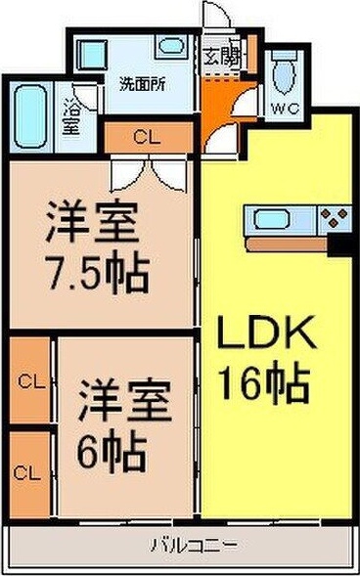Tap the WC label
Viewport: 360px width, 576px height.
click(285, 109)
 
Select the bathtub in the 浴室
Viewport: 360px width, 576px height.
click(31, 116)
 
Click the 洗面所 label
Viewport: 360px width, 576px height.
click(143, 85)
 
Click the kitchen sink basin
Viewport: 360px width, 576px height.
click(272, 220)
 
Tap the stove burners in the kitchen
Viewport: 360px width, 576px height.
click(334, 218)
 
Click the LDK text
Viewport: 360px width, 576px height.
click(266, 332)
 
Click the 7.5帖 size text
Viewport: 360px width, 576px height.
click(97, 272)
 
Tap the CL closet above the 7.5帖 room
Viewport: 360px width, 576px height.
click(149, 137)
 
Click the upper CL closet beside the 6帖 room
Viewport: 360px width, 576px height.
click(30, 380)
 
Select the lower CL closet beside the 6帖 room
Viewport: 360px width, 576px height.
click(30, 474)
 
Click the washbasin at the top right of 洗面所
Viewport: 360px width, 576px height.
click(172, 47)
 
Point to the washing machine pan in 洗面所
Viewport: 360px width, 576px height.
click(92, 55)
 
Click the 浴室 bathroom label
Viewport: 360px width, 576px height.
click(70, 116)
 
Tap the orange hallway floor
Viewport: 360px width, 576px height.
click(220, 107)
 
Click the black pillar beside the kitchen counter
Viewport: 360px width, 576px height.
click(340, 244)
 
